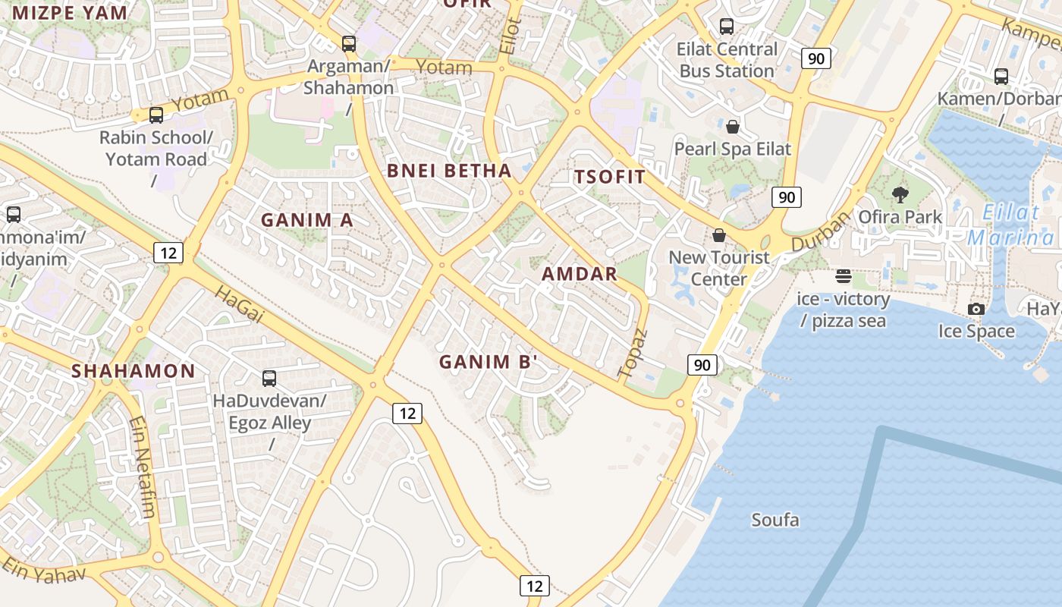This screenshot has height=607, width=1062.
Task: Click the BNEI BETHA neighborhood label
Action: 449,171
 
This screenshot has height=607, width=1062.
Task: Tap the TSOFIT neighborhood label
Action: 610,178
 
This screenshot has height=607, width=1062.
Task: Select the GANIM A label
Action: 307,220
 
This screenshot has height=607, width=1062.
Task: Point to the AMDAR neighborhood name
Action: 580,274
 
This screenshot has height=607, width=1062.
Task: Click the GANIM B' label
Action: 489,362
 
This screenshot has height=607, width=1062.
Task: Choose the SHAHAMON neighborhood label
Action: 134,371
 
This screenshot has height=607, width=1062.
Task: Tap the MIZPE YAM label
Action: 70,12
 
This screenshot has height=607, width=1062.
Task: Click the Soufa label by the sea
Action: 775,520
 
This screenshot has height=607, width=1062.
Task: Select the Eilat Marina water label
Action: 1012,225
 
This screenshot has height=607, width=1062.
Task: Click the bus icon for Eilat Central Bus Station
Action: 727,27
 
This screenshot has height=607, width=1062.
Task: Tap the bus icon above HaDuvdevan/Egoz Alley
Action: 269,378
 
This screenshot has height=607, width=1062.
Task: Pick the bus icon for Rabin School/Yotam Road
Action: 156,115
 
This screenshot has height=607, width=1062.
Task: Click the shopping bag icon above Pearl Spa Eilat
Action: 733,126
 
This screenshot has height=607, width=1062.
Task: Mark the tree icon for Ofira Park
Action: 900,195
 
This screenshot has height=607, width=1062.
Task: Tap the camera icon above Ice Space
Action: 976,309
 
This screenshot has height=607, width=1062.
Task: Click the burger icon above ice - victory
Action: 844,276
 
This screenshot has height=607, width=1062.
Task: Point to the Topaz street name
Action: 632,354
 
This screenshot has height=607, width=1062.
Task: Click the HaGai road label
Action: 238,303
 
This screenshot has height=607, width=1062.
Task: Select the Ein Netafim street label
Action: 142,466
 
